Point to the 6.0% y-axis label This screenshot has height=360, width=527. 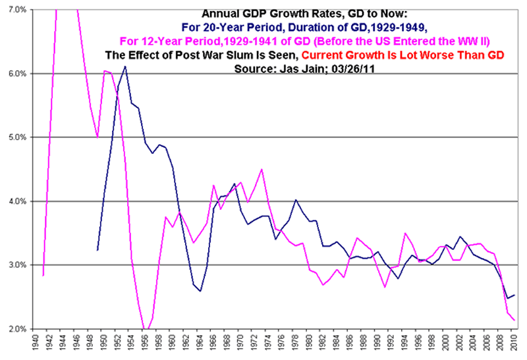tap(14, 74)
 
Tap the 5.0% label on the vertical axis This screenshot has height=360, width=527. tap(14, 138)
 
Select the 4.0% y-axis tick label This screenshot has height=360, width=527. tap(14, 201)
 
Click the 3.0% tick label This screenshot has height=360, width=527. tap(14, 265)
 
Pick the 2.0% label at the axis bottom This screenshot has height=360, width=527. tap(14, 328)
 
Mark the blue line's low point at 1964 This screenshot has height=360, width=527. tap(200, 291)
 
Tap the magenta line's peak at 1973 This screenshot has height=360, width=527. tap(262, 169)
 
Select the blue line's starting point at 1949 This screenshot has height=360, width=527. tap(97, 250)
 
